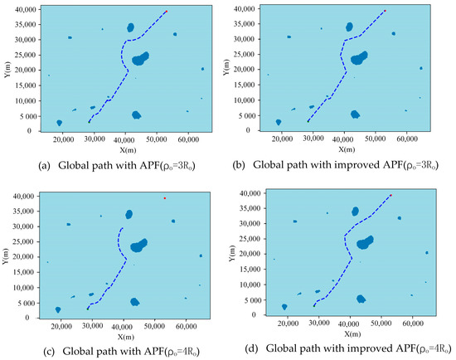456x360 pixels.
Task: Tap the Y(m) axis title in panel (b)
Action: pos(235,68)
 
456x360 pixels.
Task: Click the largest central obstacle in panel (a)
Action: pos(140,59)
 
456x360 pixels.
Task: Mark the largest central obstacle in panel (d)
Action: pos(363,242)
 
